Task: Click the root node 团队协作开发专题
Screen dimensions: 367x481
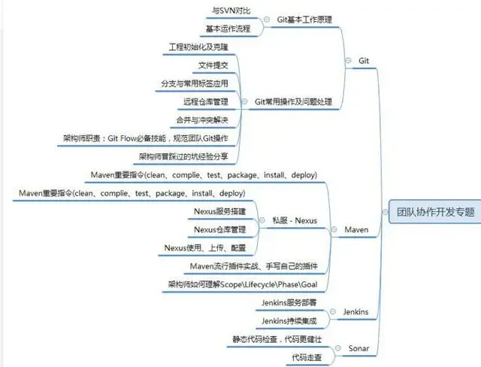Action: (x=435, y=212)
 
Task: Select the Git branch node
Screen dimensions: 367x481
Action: (x=364, y=59)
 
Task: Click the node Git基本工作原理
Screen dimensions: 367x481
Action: (x=304, y=20)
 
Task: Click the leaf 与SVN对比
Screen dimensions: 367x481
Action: (x=231, y=11)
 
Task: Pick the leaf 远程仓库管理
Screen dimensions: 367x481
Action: (x=205, y=101)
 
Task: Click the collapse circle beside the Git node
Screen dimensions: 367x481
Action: (x=347, y=59)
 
